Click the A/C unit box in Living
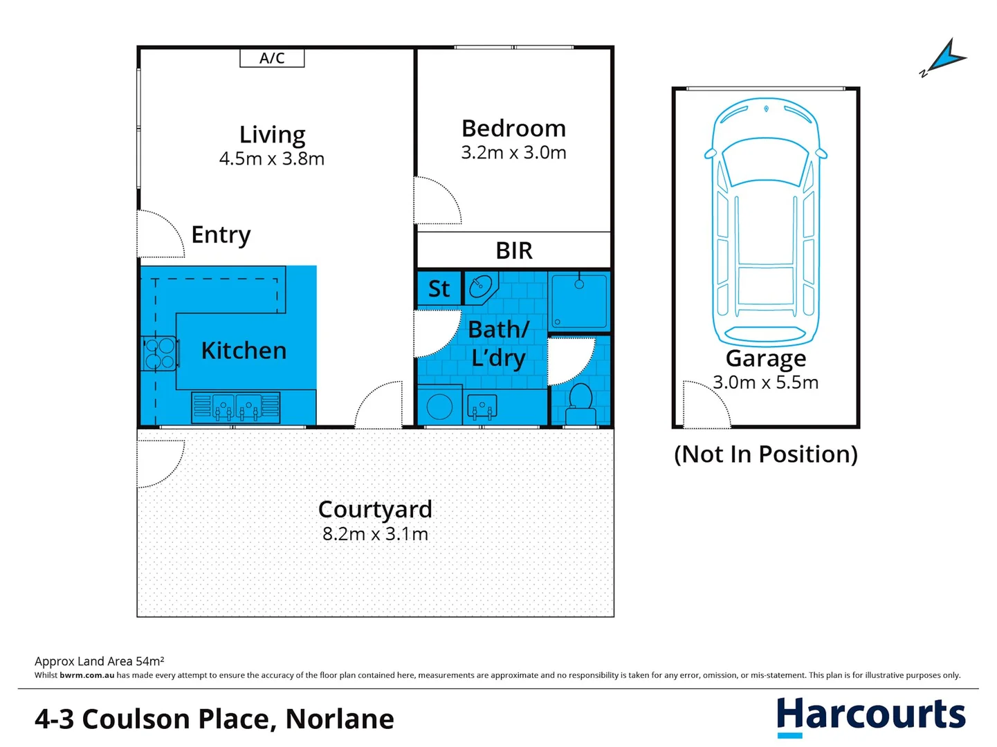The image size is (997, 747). click(272, 58)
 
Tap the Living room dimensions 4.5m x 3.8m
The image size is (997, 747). click(272, 158)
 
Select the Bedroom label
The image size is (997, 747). click(513, 129)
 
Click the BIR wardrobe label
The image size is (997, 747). click(514, 250)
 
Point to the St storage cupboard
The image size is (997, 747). click(439, 288)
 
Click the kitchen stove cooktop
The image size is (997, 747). click(159, 353)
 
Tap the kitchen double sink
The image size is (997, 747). click(236, 407)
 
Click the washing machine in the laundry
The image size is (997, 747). click(439, 406)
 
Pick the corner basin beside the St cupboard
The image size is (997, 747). click(481, 286)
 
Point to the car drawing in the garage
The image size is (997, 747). click(766, 221)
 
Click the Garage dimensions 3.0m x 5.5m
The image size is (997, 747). click(766, 382)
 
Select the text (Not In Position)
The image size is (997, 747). click(766, 454)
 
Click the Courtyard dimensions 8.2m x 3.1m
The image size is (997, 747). click(375, 534)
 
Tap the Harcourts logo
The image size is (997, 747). click(870, 716)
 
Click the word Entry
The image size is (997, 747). click(221, 235)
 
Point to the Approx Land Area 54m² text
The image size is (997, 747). click(100, 661)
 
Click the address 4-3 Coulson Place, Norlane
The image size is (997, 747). click(214, 719)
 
